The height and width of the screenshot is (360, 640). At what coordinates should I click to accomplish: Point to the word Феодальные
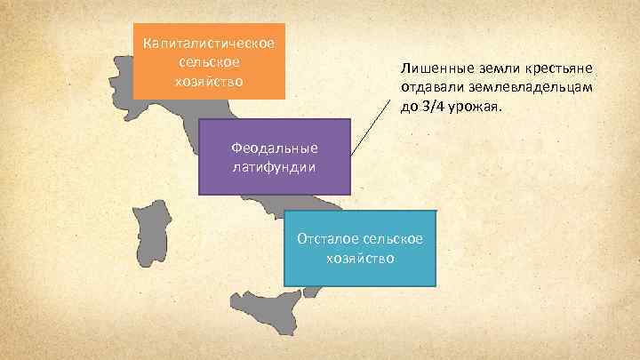(274, 148)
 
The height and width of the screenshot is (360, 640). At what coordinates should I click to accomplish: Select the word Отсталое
(328, 240)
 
